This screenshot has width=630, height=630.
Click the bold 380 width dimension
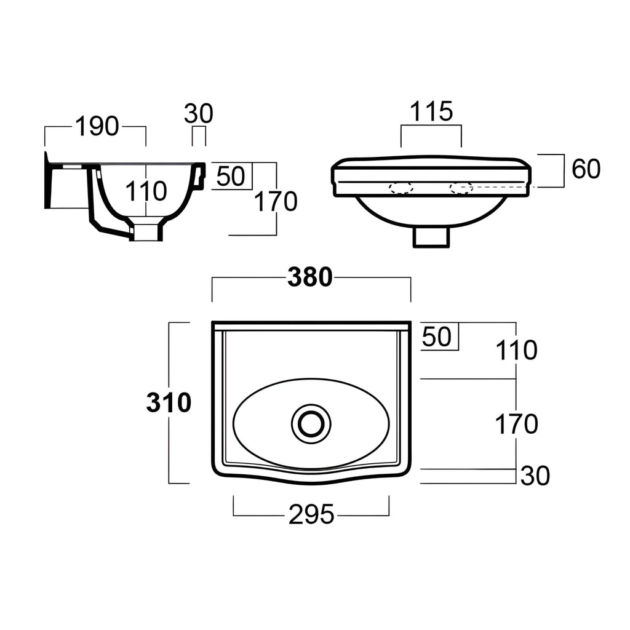pyautogui.click(x=310, y=277)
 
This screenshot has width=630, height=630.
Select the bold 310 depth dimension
pyautogui.click(x=169, y=402)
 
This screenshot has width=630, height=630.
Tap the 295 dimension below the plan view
pyautogui.click(x=311, y=514)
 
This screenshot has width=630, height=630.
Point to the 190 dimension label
pyautogui.click(x=97, y=126)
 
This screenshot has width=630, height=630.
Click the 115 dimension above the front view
pyautogui.click(x=431, y=111)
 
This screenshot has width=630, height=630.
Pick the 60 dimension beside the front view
pyautogui.click(x=586, y=169)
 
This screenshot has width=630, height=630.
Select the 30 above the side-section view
pyautogui.click(x=199, y=114)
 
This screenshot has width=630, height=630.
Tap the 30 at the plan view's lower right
pyautogui.click(x=535, y=476)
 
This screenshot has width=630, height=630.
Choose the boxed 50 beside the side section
pyautogui.click(x=231, y=176)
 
